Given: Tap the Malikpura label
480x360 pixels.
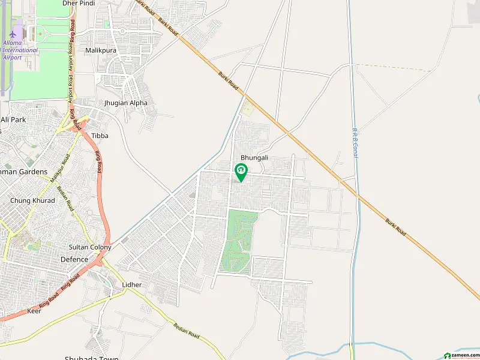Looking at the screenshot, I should pos(100,51).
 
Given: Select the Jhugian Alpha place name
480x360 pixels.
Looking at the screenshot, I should pos(125,103).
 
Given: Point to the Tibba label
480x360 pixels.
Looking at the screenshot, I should pos(100,136).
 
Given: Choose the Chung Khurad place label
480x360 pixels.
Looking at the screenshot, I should pos(32,200).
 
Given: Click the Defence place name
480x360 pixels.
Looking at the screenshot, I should pos(74,260).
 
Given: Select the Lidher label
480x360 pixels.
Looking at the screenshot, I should pos(131,284).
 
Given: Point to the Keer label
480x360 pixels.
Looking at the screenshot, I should pos(35,311).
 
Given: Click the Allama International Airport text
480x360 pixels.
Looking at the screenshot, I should pos(19,50).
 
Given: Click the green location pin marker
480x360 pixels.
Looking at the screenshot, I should pos(241,172).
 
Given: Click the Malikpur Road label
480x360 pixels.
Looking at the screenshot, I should pos(58,169).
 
